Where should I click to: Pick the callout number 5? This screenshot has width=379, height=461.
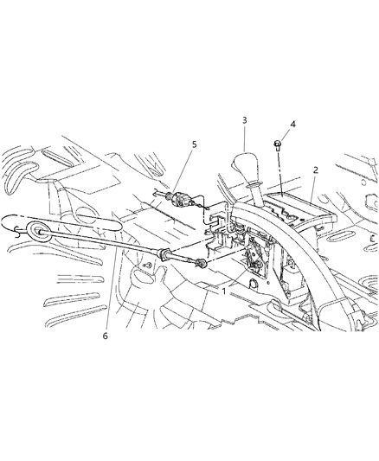tap(194, 144)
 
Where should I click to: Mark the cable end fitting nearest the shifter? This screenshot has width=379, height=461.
tap(201, 263)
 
